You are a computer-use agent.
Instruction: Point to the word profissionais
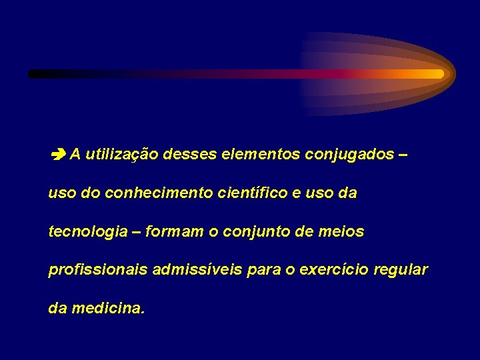[98, 271]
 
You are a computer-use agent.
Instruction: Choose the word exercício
[333, 271]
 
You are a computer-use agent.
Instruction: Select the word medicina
[107, 309]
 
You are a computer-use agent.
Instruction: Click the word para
[265, 271]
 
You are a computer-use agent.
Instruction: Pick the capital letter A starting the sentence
[75, 155]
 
